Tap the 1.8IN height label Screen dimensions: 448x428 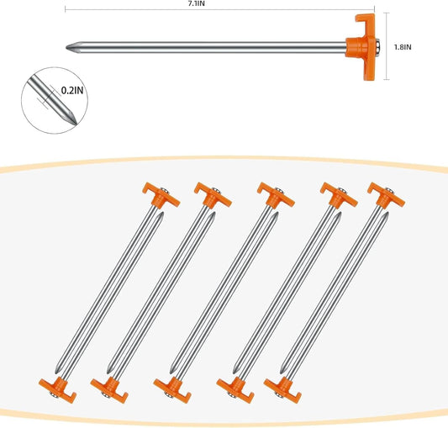403,47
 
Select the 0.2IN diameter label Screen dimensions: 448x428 72,90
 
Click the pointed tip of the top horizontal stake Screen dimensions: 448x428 66,47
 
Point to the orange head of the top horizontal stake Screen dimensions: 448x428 361,47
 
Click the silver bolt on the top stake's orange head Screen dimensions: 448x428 377,47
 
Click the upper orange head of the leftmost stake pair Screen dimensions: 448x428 161,195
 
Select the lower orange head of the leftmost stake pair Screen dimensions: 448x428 58,390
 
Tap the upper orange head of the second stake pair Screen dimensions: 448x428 213,195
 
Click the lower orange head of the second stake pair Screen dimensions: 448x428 109,390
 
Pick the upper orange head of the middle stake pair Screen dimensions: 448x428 276,195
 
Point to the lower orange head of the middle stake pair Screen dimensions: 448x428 172,390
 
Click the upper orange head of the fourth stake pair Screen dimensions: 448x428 339,195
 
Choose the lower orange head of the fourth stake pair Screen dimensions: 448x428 235,390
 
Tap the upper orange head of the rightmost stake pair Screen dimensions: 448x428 386,195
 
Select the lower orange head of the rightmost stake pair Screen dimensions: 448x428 282,390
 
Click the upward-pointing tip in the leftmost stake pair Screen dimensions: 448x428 162,213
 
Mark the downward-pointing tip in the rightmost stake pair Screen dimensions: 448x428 281,373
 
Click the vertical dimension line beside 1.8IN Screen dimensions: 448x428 387,46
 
